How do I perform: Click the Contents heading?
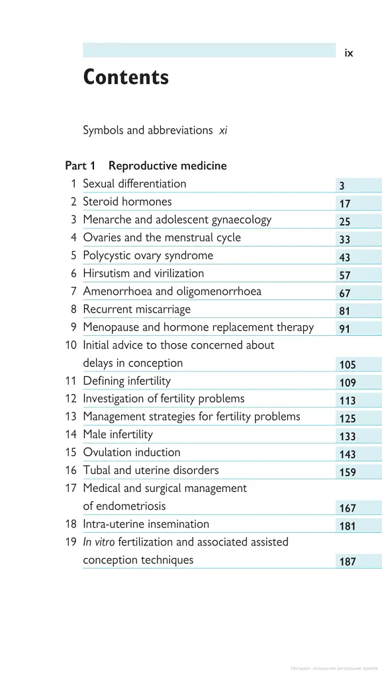coord(126,78)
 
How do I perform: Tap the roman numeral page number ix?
coord(349,54)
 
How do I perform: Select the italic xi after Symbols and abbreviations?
coord(223,130)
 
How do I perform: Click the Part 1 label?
coord(80,166)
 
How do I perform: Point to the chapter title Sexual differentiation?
coord(134,184)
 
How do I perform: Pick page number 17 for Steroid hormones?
coord(345,204)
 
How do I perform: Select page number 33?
coord(345,240)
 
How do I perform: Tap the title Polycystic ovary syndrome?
coord(148,255)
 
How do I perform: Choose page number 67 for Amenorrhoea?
coord(345,294)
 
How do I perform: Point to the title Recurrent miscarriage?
coord(136,309)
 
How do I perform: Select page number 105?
coord(348,365)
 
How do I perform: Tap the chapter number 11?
coord(71,381)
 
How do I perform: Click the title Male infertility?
coord(118,434)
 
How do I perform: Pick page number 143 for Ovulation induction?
coord(348,455)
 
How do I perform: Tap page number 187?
coord(348,562)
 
